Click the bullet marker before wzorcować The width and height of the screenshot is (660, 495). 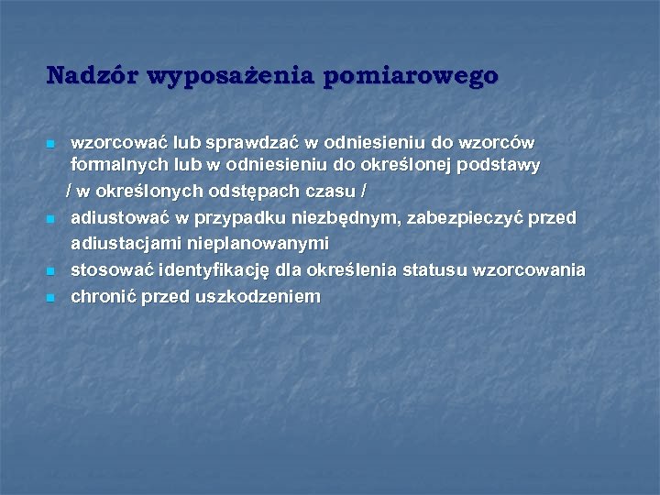click(50, 145)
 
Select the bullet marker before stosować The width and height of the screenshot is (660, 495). click(50, 271)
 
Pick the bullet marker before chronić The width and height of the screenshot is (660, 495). click(50, 298)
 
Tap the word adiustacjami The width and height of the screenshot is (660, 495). click(126, 244)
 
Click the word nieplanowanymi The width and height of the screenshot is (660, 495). click(258, 244)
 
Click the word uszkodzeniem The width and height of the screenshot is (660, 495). click(258, 296)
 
